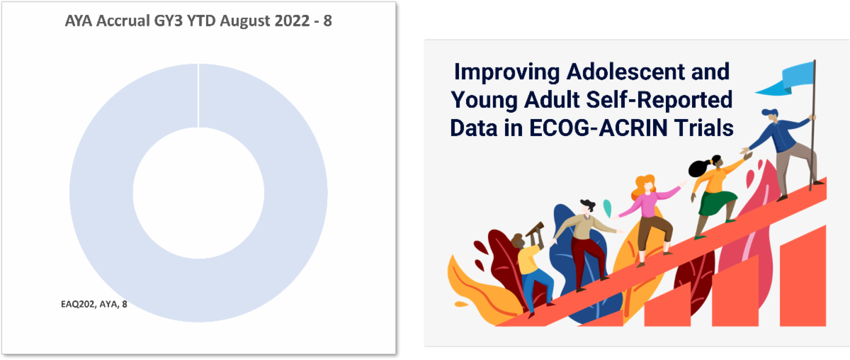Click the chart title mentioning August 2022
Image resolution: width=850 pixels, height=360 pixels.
coord(198,21)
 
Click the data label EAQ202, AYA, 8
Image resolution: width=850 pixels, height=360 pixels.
coord(94,304)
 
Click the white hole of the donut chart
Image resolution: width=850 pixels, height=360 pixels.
coord(198,193)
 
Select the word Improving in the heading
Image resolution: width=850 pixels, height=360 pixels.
coord(506,72)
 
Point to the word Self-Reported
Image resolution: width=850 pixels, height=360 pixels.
coord(659,99)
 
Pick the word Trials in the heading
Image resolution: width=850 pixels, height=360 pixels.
coord(704,128)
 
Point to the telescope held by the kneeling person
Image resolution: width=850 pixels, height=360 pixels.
coord(534,229)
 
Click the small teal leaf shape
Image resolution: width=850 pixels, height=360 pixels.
coord(607,208)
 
